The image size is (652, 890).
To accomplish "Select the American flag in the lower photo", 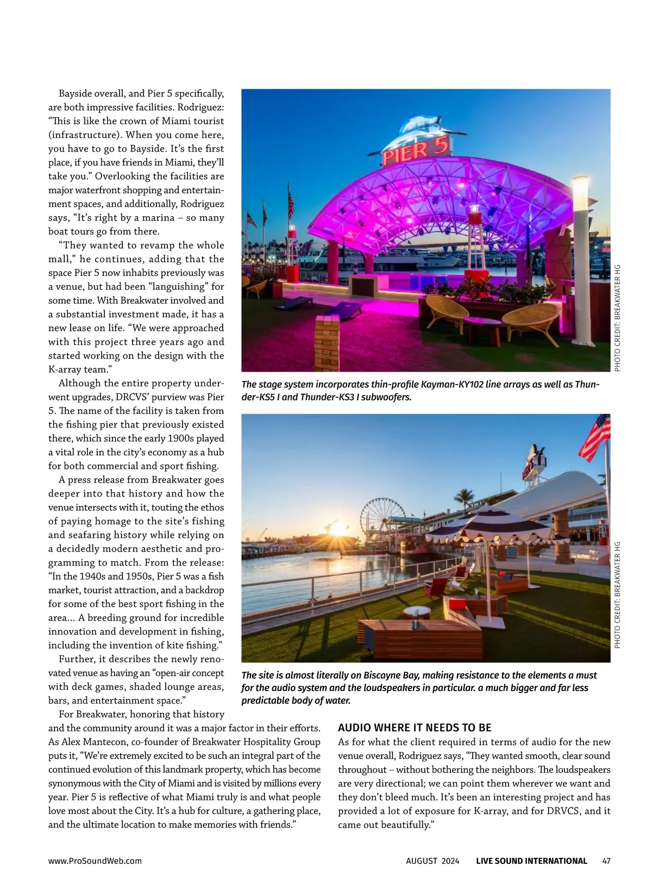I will click(x=595, y=437).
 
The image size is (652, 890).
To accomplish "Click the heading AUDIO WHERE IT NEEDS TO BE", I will click(x=415, y=728).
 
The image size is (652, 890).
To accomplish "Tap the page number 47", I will click(x=606, y=861).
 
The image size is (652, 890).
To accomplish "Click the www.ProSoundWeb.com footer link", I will click(x=95, y=861).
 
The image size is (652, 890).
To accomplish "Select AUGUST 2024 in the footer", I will click(x=432, y=861).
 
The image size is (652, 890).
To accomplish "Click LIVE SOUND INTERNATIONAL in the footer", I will click(x=531, y=861).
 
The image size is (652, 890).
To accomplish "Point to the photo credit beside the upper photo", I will click(x=617, y=318).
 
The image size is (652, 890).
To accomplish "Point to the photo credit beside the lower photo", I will click(x=617, y=595).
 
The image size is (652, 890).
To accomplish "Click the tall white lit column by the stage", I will click(x=580, y=255).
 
